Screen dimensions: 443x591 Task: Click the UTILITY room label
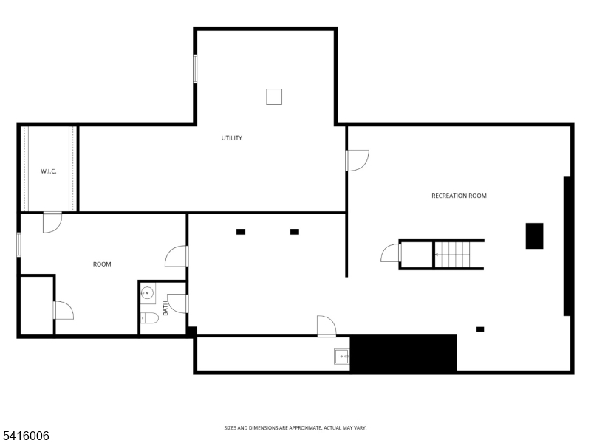coord(232,138)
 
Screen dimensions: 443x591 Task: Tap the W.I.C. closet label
coord(49,171)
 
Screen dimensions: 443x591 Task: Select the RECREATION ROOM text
coord(459,196)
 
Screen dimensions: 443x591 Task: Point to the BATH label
coord(165,308)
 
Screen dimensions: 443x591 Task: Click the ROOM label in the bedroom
coord(102,264)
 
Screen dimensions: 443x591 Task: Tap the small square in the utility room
coord(274,96)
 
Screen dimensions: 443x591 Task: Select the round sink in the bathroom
coord(147,292)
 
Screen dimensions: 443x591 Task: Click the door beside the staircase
coord(391,254)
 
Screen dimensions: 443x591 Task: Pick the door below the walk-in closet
coord(52,221)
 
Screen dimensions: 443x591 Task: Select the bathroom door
coord(177,303)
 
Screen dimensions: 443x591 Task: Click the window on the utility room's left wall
coord(196,69)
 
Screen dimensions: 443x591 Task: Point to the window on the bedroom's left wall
coord(19,244)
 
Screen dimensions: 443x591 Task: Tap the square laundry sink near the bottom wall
coord(342,357)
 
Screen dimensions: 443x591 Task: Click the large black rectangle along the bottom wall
coord(403,353)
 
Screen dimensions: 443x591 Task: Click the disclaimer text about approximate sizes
coord(295,428)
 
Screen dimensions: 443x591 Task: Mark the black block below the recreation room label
coord(534,236)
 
